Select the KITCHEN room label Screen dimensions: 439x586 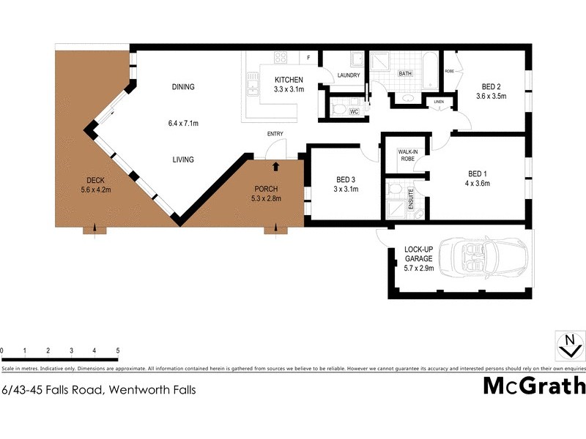point(289,80)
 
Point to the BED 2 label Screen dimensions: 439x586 point(492,85)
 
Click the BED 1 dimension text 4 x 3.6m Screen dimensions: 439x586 point(478,183)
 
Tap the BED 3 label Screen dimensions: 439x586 point(346,179)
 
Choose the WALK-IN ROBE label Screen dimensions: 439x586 point(407,154)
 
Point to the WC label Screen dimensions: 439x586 point(353,112)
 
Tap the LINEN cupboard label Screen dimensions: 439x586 point(439,102)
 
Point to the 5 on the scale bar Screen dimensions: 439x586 point(118,350)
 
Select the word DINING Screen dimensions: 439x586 point(183,87)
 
